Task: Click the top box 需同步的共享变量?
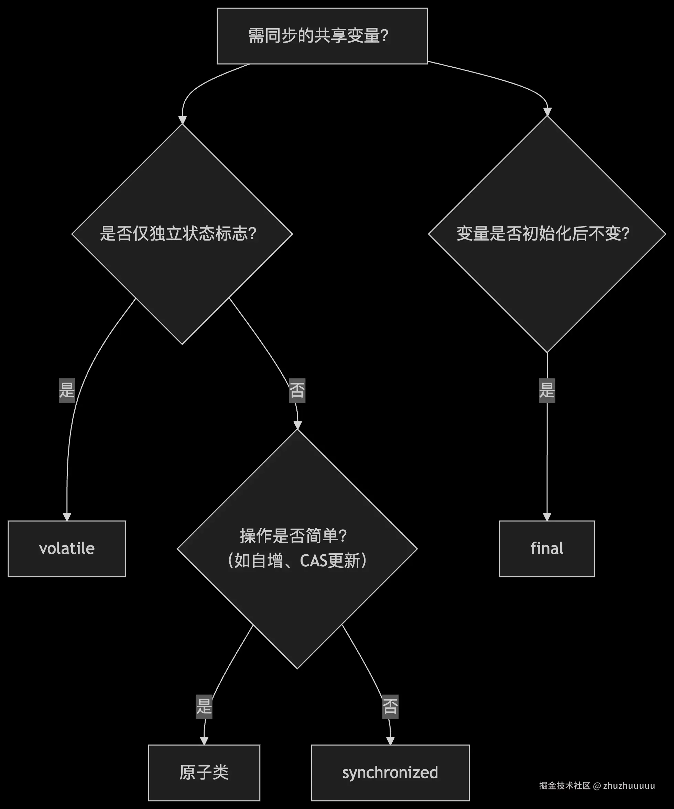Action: [x=322, y=36]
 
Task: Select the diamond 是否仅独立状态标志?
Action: [x=182, y=234]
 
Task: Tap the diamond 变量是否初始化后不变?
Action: [x=547, y=234]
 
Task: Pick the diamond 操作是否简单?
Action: [x=297, y=548]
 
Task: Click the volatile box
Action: [x=67, y=548]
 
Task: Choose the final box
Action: [x=547, y=548]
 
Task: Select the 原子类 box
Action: [x=204, y=773]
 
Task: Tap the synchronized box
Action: [x=390, y=773]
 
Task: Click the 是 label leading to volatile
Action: [x=67, y=390]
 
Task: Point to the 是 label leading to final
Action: [x=547, y=390]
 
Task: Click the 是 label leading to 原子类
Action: [x=204, y=707]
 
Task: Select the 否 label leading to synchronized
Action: [x=390, y=707]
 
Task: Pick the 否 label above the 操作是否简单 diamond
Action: [x=297, y=390]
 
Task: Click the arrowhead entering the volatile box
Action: [x=67, y=517]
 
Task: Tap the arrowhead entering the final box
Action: [x=547, y=517]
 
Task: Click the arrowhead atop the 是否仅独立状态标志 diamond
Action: [x=182, y=120]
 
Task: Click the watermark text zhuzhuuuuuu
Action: [x=629, y=786]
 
